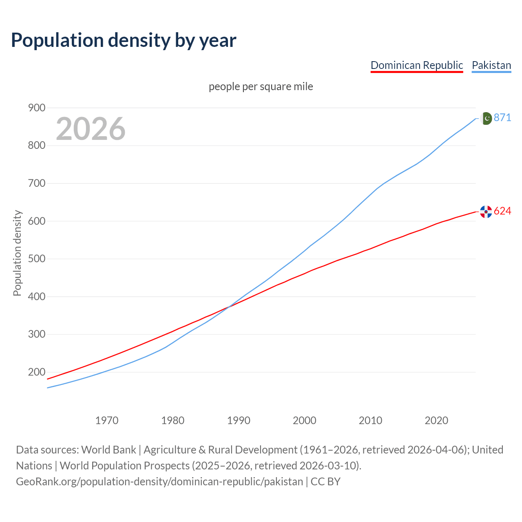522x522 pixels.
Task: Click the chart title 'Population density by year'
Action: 124,40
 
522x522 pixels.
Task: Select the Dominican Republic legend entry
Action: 416,65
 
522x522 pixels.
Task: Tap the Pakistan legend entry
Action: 491,65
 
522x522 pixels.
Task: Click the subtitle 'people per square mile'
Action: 261,86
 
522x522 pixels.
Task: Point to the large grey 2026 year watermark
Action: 91,129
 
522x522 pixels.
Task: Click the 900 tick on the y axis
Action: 36,108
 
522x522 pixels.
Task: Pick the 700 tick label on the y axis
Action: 36,183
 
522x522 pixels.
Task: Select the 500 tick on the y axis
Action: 36,259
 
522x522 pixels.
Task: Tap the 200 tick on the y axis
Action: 36,372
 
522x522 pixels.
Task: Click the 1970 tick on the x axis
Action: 107,420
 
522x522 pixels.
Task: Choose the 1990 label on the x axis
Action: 239,420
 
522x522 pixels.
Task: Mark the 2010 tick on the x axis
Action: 370,420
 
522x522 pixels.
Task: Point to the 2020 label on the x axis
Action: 436,420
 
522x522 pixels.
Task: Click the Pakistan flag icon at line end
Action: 486,118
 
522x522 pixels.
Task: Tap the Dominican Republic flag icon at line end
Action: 486,211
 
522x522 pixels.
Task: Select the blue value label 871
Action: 502,118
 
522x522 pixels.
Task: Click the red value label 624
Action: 502,211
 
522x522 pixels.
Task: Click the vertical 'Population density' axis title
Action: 17,253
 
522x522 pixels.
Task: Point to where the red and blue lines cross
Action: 228,307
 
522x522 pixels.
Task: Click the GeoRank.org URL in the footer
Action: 159,482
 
